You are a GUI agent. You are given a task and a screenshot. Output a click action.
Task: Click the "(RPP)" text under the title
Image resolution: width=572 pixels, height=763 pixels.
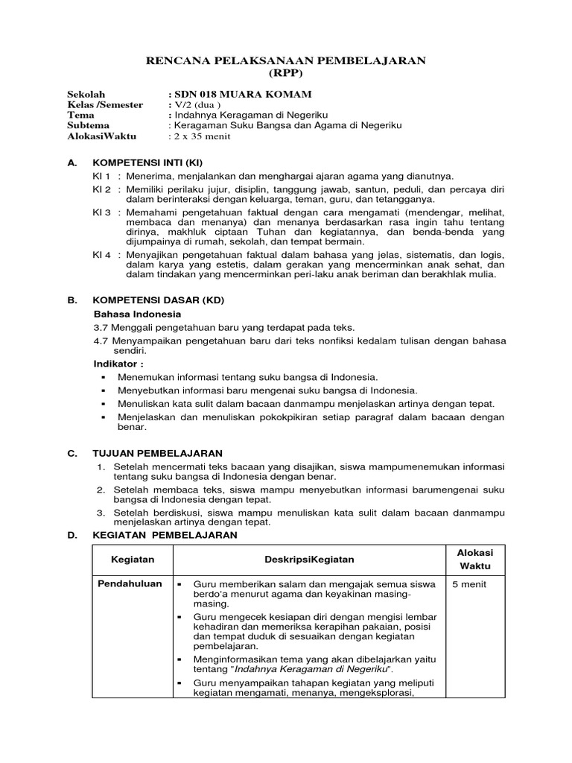[x=285, y=73]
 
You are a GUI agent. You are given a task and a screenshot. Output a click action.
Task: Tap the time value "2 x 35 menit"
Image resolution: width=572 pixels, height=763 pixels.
[x=203, y=136]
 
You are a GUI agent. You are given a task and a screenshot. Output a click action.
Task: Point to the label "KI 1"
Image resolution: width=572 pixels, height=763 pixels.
[x=101, y=177]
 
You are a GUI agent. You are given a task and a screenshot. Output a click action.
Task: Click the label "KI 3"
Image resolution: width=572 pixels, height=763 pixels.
[x=101, y=212]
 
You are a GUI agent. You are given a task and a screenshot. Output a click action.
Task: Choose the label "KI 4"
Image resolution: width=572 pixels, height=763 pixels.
[x=101, y=254]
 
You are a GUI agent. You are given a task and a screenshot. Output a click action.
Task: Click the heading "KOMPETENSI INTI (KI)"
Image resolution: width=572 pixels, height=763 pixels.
[x=147, y=162]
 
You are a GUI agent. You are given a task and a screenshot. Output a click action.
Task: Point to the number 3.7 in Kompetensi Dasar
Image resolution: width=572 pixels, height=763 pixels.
[x=101, y=328]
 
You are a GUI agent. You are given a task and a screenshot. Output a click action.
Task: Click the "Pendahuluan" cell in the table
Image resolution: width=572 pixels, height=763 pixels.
[x=130, y=584]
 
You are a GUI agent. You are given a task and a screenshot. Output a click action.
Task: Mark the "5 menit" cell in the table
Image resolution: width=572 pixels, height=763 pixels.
[x=469, y=585]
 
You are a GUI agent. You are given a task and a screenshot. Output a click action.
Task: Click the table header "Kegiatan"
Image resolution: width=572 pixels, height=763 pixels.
[x=132, y=560]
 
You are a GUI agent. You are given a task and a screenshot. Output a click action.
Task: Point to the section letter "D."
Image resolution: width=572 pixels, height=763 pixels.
[x=72, y=535]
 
